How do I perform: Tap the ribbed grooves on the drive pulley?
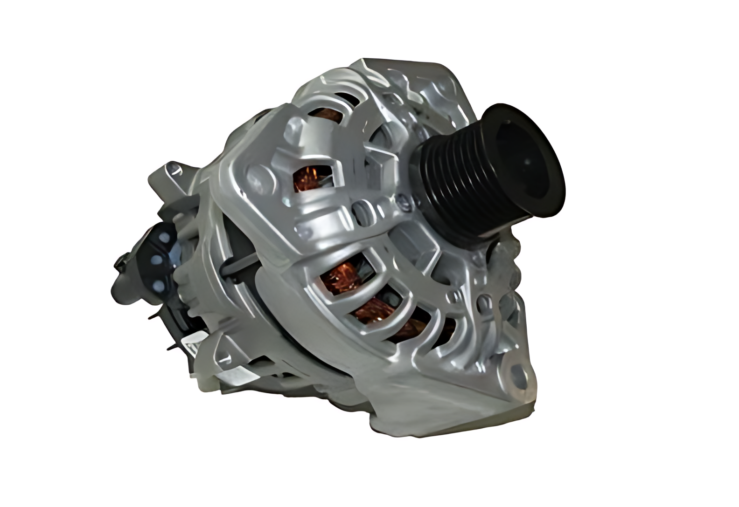448,177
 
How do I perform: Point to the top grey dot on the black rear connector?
163,237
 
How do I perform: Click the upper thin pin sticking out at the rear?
154,317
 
